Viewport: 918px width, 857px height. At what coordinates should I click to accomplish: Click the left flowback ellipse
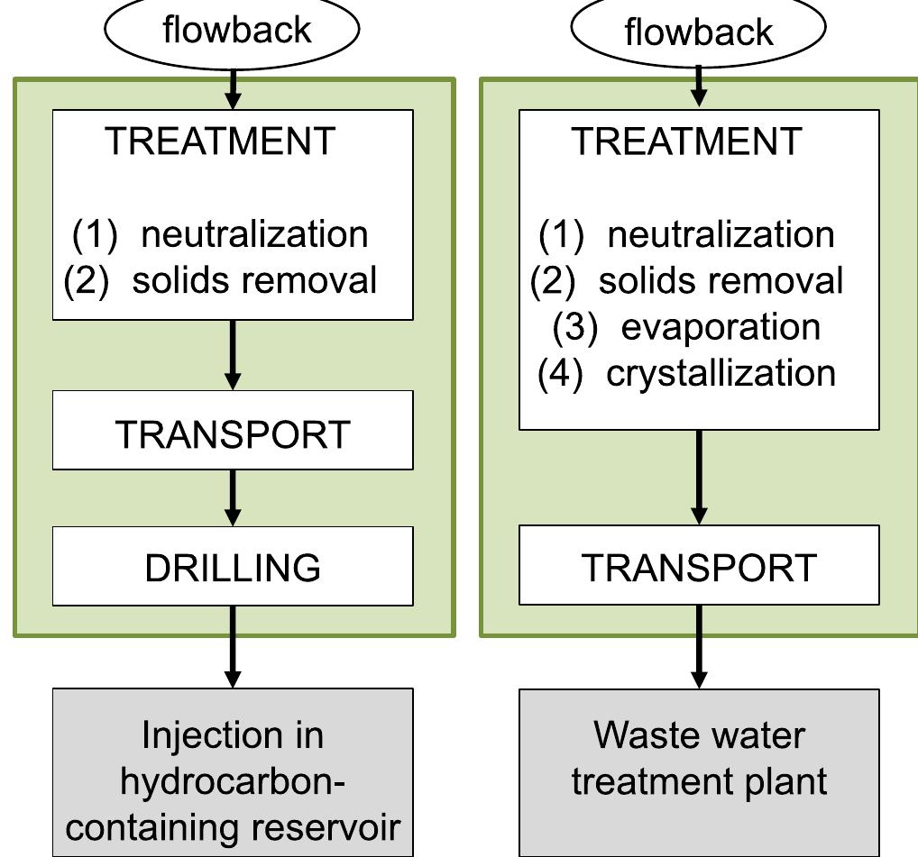pos(233,29)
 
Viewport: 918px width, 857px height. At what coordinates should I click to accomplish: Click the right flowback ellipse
pos(699,31)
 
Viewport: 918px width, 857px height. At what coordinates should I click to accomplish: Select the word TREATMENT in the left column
pos(220,141)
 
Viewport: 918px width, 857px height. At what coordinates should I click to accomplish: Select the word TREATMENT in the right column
pos(686,141)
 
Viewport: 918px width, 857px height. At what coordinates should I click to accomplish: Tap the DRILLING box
pos(233,567)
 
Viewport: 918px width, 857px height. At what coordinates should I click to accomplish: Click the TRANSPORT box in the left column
pos(233,433)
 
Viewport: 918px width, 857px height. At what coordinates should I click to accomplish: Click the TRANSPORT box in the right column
pos(699,567)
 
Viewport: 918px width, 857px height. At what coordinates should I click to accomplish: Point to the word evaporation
pos(721,326)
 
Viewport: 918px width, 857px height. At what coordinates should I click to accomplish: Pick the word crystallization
pos(721,373)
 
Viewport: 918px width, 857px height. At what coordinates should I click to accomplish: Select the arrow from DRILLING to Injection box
pos(233,647)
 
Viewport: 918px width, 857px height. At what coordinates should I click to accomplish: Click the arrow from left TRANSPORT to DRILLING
pos(233,497)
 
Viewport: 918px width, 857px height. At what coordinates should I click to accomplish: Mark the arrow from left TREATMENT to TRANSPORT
pos(233,355)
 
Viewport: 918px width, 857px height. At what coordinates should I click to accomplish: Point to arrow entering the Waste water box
pos(699,647)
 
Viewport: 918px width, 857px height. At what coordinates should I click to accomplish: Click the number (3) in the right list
pos(574,326)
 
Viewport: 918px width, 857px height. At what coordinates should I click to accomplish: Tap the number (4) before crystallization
pos(560,373)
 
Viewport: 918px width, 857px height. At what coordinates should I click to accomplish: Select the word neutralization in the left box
pos(254,234)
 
